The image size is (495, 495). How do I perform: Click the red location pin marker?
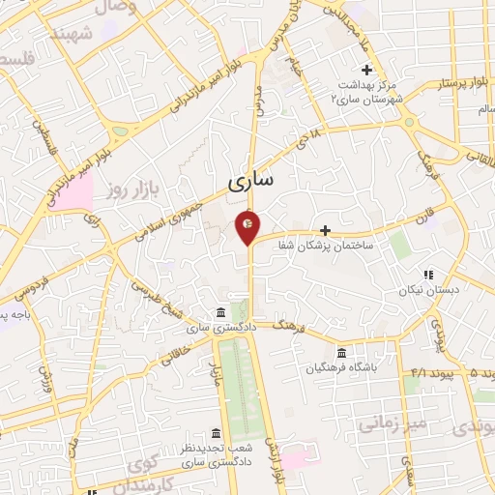248,225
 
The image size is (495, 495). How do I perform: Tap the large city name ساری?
251,181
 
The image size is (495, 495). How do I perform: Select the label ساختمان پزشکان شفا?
348,247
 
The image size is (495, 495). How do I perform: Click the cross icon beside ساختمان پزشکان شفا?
326,230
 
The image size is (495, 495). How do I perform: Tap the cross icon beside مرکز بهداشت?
366,71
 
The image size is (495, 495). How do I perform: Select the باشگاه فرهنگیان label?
341,368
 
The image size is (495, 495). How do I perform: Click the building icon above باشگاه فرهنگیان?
341,353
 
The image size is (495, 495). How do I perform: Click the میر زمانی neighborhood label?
393,422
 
